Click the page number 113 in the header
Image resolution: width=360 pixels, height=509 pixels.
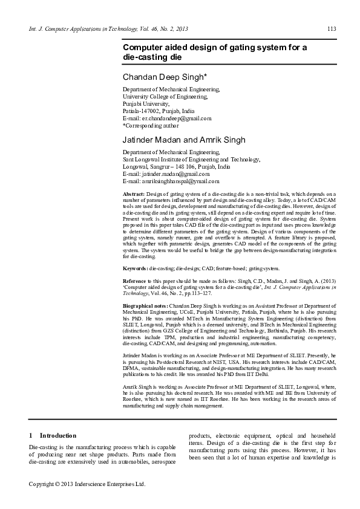coord(332,28)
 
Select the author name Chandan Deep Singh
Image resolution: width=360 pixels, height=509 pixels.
coord(165,77)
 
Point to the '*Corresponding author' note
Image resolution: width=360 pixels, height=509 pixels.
coord(151,126)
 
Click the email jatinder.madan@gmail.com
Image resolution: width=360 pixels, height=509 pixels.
coord(168,173)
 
